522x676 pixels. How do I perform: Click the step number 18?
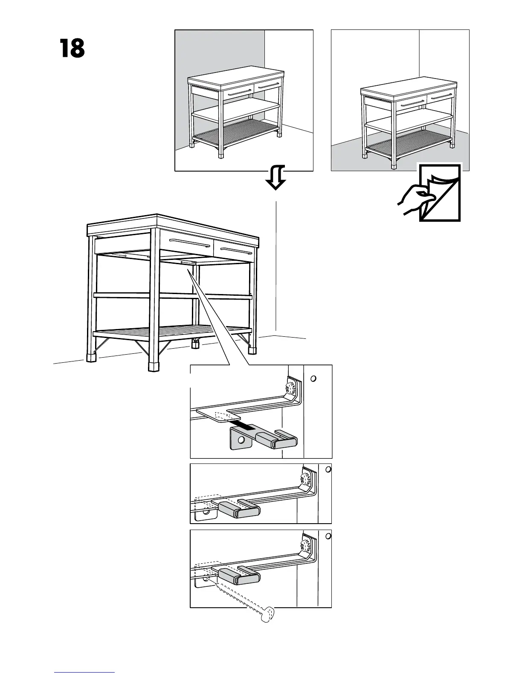click(x=72, y=49)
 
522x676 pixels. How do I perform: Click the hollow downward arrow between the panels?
click(x=275, y=178)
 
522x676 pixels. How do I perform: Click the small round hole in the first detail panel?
click(x=313, y=379)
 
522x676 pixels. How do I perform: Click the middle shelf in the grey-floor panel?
click(x=409, y=121)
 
